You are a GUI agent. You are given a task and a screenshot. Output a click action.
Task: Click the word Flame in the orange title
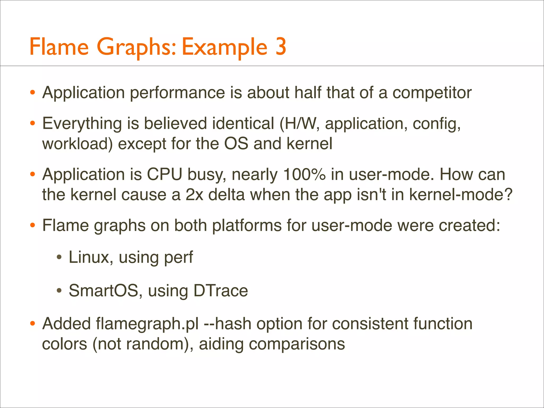59,46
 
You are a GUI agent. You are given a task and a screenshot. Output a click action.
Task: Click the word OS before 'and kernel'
236,144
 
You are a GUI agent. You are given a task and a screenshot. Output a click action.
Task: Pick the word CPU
165,175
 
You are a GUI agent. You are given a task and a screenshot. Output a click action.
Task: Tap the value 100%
304,175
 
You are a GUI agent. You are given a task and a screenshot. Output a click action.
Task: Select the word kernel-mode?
461,195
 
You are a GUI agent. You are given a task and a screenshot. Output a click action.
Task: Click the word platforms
247,226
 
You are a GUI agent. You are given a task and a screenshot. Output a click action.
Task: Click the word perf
178,258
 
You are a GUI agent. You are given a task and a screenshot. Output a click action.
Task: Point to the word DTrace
221,290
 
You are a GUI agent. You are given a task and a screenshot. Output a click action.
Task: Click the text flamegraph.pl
147,324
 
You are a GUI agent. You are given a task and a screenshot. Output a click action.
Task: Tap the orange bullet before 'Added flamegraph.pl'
33,324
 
